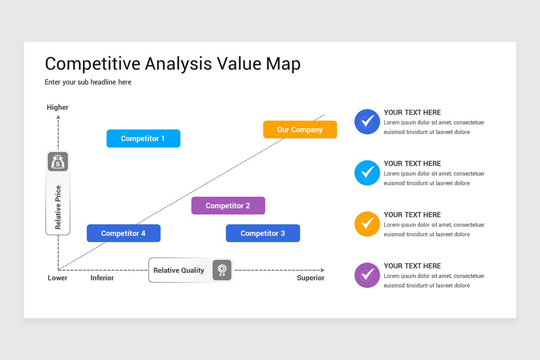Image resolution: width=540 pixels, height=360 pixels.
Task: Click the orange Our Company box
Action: point(300,130)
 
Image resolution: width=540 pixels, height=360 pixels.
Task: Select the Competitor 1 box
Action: point(143,139)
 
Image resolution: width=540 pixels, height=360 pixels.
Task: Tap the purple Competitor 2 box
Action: point(228,206)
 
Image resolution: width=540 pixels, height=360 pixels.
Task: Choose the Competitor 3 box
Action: point(263,233)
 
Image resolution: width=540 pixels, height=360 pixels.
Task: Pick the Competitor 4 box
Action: point(123,233)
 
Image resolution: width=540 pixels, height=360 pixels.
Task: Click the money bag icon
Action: point(58,162)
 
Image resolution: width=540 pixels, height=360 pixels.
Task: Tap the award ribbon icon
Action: point(222,270)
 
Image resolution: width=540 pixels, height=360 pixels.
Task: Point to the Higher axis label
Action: point(58,107)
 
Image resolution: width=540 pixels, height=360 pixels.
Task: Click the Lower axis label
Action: point(58,278)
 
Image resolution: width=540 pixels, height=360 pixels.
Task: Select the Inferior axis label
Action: point(102,278)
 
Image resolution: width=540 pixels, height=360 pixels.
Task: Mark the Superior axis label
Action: point(310,278)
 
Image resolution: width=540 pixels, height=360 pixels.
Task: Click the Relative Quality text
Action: point(179,270)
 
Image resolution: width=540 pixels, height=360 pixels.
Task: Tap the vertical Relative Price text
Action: point(58,207)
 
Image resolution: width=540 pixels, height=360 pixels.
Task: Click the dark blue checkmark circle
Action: point(367,121)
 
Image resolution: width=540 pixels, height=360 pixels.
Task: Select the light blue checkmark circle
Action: point(367,173)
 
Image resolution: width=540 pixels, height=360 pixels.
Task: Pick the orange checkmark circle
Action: point(367,224)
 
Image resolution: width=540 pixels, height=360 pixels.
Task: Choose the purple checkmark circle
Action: point(367,275)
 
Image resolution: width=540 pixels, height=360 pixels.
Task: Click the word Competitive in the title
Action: point(92,64)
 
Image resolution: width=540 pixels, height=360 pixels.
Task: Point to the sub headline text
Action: point(88,82)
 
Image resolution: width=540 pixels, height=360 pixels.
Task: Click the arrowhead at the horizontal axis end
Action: point(323,270)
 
